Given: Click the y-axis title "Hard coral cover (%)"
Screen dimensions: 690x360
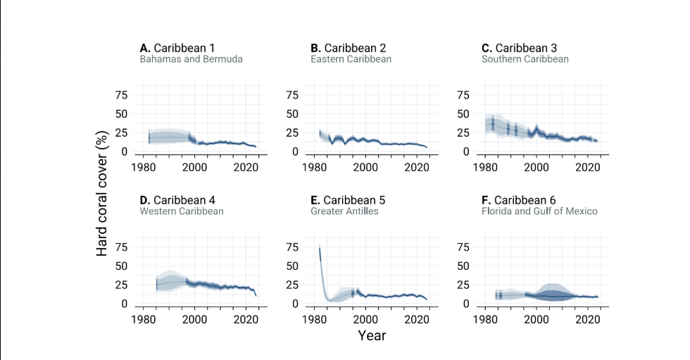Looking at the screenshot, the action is tap(102, 193).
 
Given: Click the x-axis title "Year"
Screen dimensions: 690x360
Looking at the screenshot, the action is tap(372, 336).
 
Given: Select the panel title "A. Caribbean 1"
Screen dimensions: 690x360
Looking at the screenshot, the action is tap(177, 48).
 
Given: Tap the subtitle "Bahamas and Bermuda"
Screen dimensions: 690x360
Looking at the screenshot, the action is tap(191, 59).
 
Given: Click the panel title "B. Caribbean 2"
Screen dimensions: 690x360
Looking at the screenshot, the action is tap(348, 48).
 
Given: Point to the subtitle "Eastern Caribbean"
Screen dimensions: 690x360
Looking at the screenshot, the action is tap(351, 59).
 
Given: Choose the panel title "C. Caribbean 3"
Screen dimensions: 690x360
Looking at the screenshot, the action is tap(520, 48).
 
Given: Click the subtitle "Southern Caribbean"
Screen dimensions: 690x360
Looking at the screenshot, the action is tap(525, 59).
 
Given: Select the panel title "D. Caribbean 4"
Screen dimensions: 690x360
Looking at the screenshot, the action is tap(177, 200).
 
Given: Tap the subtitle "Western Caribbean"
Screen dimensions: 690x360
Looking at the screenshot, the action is tap(182, 211).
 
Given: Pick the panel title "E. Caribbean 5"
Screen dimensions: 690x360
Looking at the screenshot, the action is tap(348, 200).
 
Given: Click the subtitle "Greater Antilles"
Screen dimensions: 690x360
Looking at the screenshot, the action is tap(344, 211).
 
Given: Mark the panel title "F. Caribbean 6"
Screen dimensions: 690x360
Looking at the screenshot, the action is tap(519, 200).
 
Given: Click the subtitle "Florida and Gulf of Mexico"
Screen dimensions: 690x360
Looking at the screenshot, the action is tap(539, 211).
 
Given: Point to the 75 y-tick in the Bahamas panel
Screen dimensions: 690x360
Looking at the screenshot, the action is tap(121, 95).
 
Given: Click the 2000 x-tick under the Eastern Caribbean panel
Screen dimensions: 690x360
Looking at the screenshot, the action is tap(365, 167).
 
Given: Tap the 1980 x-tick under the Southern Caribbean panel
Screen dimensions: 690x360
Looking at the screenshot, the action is tap(485, 167).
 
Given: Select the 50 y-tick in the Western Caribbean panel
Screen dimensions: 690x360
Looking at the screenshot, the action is tap(121, 266).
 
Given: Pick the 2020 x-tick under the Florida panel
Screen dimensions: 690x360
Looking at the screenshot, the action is tap(588, 320).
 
